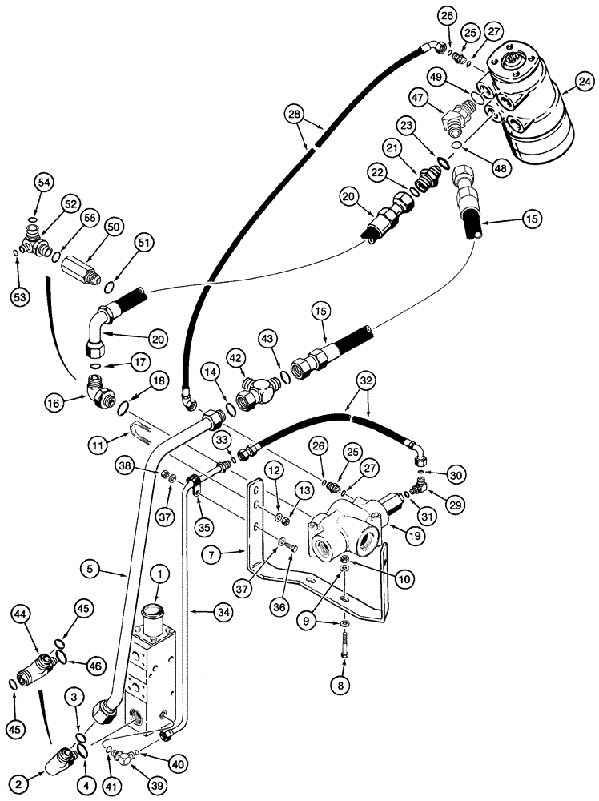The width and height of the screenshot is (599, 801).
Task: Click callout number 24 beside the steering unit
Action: [x=583, y=81]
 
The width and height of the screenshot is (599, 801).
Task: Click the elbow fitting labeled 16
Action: [x=101, y=391]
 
